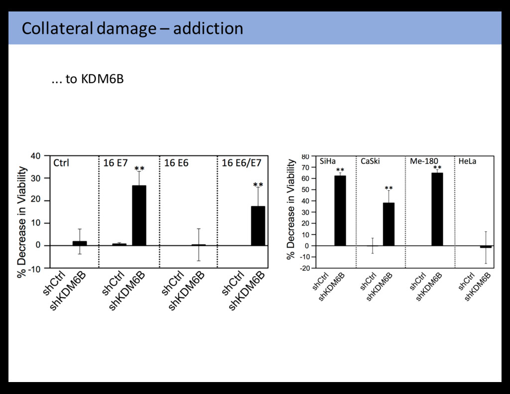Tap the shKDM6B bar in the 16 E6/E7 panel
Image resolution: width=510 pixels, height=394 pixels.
258,226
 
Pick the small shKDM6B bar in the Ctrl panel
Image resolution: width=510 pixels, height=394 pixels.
80,243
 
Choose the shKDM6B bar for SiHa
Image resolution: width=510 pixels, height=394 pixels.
340,211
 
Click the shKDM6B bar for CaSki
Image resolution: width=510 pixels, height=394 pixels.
388,224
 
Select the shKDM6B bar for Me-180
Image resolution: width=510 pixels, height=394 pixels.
437,209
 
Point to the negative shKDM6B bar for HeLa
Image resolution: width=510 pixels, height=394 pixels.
486,247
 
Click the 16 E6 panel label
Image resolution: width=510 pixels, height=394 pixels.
176,163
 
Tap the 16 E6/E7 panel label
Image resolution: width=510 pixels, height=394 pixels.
241,163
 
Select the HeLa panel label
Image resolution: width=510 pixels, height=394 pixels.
467,161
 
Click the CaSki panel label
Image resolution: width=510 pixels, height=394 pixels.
370,161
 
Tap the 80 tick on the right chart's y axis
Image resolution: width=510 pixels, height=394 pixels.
305,156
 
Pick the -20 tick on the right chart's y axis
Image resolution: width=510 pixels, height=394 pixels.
304,268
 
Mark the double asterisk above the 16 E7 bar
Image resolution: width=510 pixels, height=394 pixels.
139,169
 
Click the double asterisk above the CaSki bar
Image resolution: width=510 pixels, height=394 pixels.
388,188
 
